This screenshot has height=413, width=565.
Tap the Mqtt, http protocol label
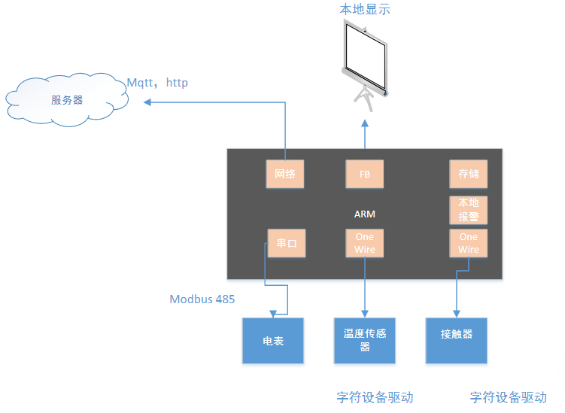[157, 82]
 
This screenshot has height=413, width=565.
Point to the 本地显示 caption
[365, 10]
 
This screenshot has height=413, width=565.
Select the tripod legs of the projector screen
[366, 96]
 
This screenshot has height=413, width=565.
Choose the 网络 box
[285, 174]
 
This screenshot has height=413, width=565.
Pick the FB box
[365, 174]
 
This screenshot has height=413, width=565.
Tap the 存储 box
[468, 174]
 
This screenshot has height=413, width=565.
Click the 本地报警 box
[468, 210]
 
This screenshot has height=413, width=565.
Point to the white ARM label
[365, 214]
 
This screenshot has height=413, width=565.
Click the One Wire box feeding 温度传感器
[365, 243]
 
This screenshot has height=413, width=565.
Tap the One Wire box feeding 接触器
[468, 243]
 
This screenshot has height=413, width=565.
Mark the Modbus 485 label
[202, 299]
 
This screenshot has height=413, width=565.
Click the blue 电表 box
[272, 341]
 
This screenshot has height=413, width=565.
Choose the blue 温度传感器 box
[365, 341]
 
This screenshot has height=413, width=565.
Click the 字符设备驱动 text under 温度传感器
[375, 396]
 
